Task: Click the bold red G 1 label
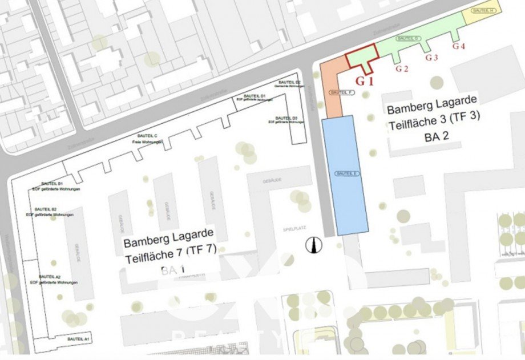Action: tap(365, 80)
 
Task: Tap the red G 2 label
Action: tap(402, 69)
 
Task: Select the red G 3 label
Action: tap(431, 58)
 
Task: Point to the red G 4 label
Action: tap(459, 47)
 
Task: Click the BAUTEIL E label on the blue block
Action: tap(346, 173)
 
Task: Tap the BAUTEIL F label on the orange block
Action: tap(340, 92)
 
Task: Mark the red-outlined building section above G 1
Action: tap(362, 57)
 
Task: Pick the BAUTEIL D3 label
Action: tap(284, 118)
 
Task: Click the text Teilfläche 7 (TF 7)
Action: tap(169, 249)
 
